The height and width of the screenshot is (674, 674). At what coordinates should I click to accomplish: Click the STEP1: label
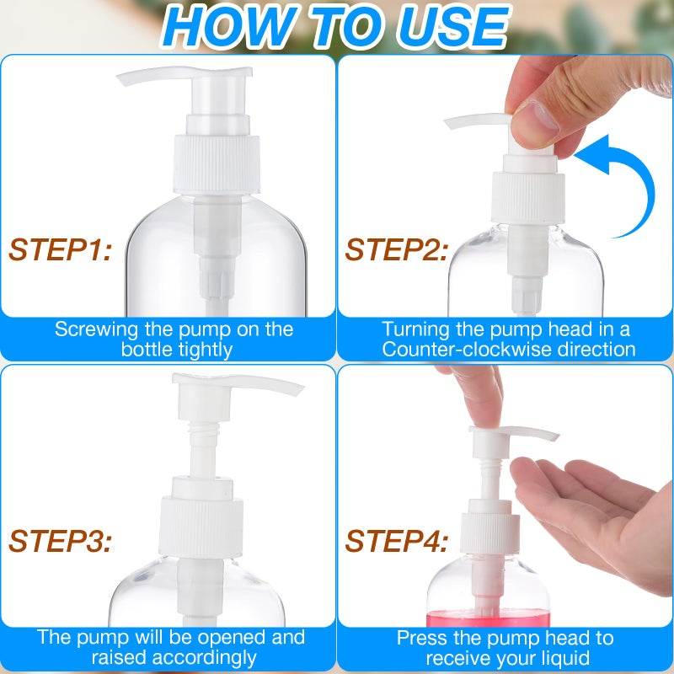tap(60, 249)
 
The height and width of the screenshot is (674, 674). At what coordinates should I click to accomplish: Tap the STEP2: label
tap(396, 249)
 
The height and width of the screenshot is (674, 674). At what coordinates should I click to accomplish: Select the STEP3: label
tap(60, 540)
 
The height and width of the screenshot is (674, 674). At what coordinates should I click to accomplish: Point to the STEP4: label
tap(396, 540)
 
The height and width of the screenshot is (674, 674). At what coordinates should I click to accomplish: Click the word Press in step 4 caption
tap(421, 638)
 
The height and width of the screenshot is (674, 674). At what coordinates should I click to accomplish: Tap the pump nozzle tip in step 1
tap(126, 81)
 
